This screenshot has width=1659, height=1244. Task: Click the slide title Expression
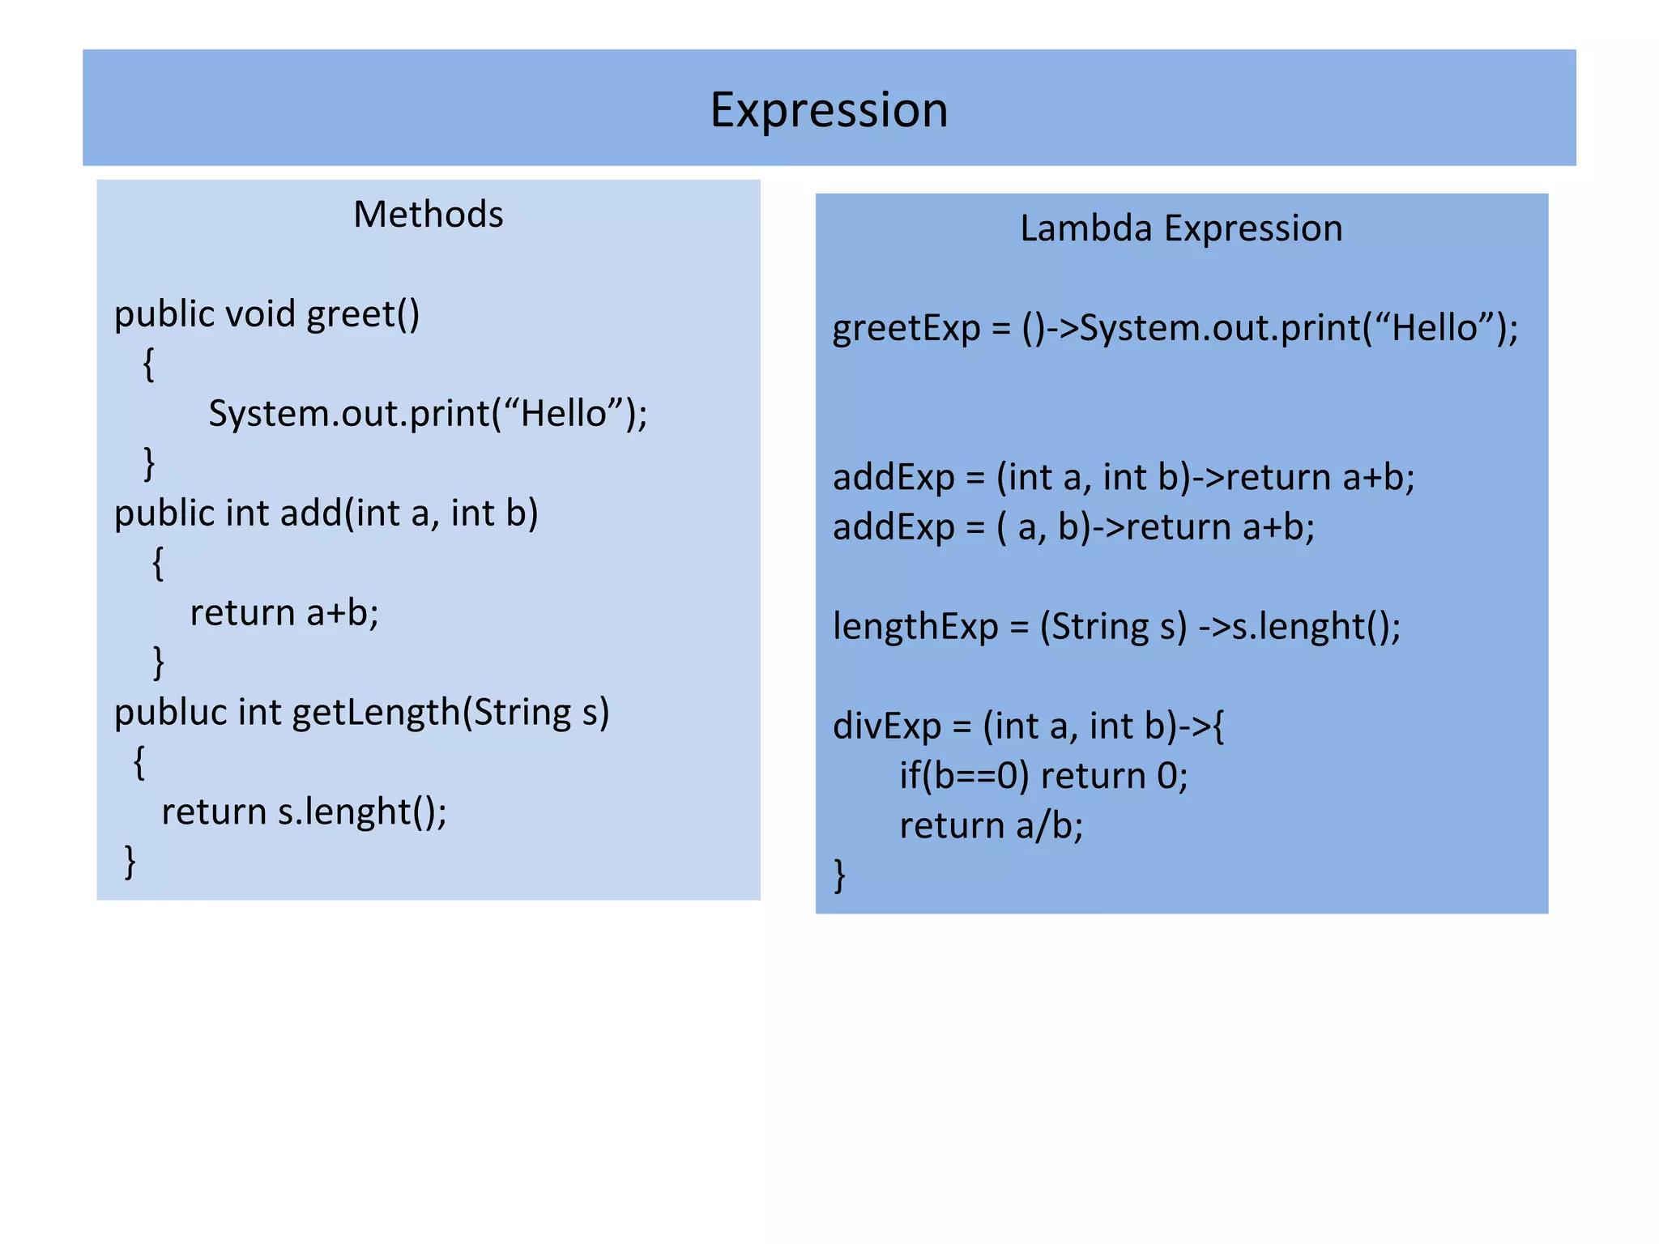point(829,110)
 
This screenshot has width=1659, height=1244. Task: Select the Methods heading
point(428,215)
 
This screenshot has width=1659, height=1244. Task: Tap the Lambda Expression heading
point(1180,228)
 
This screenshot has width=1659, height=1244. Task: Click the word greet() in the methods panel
point(363,314)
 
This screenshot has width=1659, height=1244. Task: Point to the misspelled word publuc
point(170,713)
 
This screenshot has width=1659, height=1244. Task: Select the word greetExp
point(906,328)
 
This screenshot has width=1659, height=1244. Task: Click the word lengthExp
point(915,627)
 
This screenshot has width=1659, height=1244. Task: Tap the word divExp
point(887,726)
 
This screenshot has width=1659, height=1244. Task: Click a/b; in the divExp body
point(1049,826)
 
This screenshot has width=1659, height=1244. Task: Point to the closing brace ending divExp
point(840,875)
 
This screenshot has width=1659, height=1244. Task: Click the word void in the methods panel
point(260,314)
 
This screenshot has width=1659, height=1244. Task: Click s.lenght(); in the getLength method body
point(362,812)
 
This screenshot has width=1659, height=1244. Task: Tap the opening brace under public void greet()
point(148,364)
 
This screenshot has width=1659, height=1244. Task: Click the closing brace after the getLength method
point(130,862)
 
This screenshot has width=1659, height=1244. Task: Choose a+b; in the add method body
point(342,613)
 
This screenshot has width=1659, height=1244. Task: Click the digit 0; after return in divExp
point(1171,776)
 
